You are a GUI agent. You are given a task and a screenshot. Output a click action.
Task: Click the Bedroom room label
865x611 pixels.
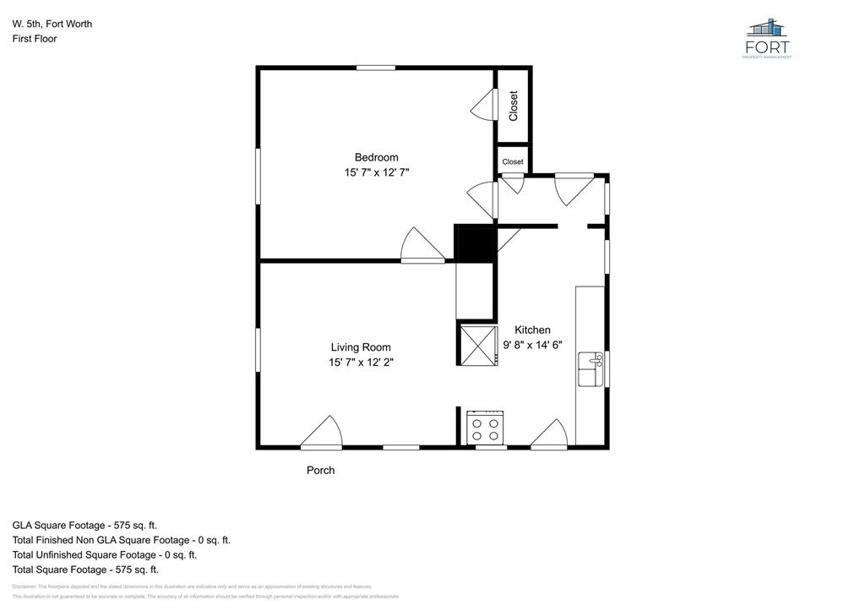(376, 157)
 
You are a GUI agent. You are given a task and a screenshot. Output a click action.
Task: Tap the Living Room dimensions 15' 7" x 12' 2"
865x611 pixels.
(361, 363)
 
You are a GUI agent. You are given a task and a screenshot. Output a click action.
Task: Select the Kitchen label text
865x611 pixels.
(532, 330)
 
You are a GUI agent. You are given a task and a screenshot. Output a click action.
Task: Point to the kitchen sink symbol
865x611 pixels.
(591, 369)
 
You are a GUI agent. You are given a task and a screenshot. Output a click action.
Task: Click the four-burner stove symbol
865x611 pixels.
(486, 428)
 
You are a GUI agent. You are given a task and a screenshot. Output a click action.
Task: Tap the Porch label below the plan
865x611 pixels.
(320, 470)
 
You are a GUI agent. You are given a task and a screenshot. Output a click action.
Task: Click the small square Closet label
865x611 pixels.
(513, 161)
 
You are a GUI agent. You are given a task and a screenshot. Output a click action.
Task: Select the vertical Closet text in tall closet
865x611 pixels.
(513, 106)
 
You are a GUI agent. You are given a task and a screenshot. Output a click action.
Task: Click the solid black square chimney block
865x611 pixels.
(475, 243)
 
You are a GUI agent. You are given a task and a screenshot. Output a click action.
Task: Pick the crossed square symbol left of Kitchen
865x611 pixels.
(476, 345)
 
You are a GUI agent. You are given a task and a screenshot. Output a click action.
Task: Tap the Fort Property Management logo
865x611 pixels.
(768, 38)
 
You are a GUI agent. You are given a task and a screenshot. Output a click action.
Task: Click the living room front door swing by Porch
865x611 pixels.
(323, 433)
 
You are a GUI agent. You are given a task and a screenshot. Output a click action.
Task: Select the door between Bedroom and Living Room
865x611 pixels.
(422, 247)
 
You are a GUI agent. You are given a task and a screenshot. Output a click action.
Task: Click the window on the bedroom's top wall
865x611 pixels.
(376, 68)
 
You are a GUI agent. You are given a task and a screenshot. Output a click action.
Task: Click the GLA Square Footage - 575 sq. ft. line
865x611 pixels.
(84, 525)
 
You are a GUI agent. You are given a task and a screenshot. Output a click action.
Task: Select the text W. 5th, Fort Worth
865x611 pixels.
(52, 24)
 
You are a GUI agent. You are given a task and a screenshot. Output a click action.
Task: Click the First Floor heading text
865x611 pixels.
(35, 39)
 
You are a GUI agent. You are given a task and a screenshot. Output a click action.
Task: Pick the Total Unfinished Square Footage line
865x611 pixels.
(105, 555)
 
